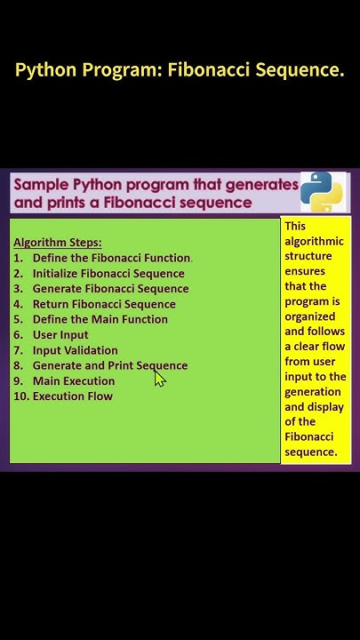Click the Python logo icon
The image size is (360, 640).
click(322, 191)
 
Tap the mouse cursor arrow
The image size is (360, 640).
click(160, 379)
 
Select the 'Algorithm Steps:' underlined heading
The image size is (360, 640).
click(58, 243)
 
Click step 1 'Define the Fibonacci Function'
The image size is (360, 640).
click(112, 258)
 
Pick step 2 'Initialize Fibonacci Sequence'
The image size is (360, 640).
click(108, 273)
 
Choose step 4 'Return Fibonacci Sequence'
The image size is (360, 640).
click(104, 304)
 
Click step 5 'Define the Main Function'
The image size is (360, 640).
click(100, 319)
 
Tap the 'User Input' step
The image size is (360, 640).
click(60, 335)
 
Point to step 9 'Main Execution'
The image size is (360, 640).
click(74, 381)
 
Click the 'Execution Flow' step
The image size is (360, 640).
click(72, 396)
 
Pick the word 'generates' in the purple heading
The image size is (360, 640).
click(262, 185)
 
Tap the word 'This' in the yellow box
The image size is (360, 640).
click(295, 227)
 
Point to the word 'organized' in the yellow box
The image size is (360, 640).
click(310, 316)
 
